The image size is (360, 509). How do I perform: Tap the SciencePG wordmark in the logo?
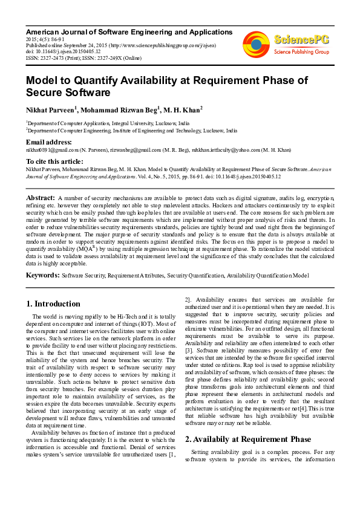[303, 40]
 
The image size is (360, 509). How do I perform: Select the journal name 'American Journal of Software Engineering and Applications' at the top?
[129, 31]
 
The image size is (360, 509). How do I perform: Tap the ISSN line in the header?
[83, 58]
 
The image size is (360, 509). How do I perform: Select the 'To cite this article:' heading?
[54, 161]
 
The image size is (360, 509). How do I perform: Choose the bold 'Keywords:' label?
[42, 275]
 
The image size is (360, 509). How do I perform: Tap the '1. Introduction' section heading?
[54, 303]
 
